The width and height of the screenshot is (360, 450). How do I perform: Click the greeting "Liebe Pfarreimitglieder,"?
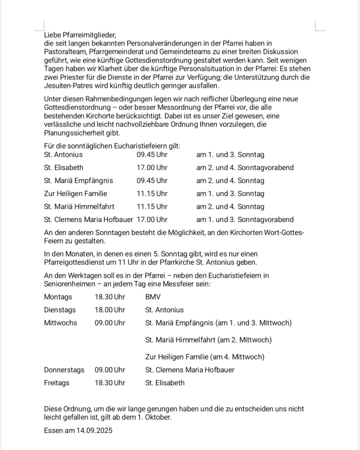click(80, 35)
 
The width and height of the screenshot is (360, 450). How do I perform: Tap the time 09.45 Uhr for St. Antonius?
click(152, 155)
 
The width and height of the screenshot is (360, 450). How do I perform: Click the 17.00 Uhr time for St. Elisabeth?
click(152, 168)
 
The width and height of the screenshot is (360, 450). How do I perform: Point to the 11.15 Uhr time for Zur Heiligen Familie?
click(152, 194)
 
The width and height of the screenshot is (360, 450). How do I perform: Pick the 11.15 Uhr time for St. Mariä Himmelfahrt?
click(152, 207)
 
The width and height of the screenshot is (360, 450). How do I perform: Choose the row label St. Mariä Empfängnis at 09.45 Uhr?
click(79, 181)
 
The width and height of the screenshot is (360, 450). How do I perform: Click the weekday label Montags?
click(58, 297)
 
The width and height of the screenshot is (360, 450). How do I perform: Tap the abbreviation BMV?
click(153, 297)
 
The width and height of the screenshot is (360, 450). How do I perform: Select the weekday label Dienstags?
click(60, 310)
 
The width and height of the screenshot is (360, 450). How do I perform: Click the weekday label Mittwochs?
click(60, 323)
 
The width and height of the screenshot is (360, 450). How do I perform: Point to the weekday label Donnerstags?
click(64, 370)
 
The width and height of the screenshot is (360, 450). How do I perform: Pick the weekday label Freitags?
click(57, 383)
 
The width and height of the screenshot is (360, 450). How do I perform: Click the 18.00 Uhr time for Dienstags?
click(110, 310)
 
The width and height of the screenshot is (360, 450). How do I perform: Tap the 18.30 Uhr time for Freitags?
click(110, 383)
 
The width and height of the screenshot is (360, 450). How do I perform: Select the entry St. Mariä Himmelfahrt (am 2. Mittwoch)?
click(208, 340)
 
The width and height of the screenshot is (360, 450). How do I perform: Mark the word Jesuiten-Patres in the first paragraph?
click(67, 86)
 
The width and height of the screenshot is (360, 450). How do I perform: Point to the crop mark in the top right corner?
click(319, 27)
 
